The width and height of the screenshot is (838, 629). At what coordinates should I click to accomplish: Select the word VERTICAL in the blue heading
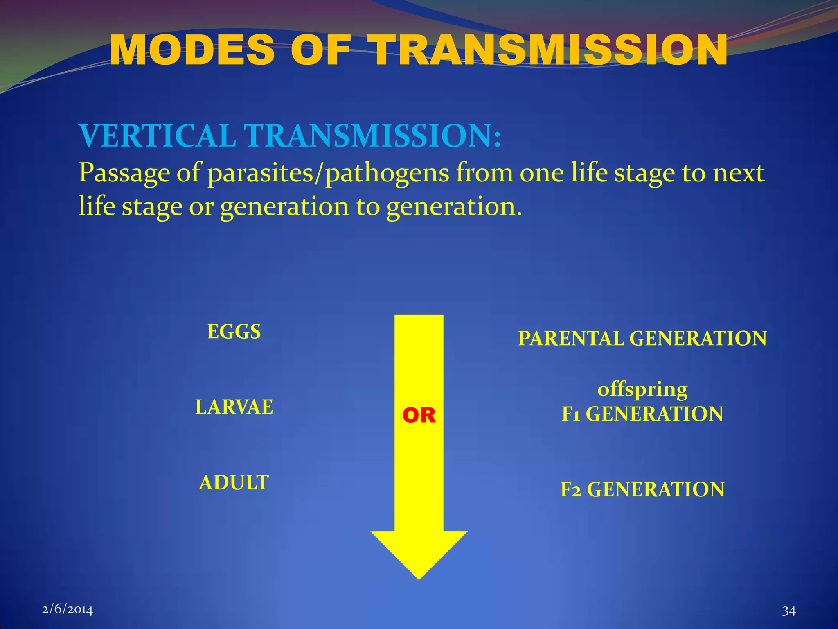pos(158,136)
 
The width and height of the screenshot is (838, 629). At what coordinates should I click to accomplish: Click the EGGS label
pos(234,331)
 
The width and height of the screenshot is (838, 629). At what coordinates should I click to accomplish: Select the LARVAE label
pos(234,407)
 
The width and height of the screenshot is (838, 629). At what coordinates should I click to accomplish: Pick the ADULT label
pos(234,482)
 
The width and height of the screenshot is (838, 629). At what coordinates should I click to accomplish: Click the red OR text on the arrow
pos(419,415)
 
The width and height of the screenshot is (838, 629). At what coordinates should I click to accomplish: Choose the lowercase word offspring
pos(642,389)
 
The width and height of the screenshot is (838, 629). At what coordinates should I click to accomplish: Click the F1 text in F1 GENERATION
pos(571,414)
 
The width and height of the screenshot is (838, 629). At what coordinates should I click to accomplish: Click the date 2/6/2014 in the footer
pos(68,609)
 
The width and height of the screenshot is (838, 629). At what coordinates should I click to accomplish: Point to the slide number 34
pos(789,611)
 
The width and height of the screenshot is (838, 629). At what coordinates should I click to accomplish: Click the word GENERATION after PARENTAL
pos(698,339)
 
